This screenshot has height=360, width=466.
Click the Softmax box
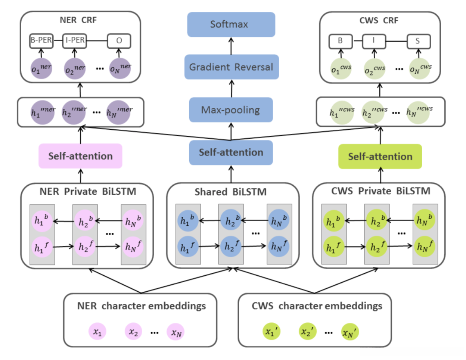(231, 24)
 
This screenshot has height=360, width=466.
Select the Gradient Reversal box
(231, 67)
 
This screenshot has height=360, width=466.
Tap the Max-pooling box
(231, 110)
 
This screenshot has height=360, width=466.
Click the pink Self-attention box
(81, 156)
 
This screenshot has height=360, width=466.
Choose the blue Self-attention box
(231, 153)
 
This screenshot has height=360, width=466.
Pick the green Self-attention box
(380, 156)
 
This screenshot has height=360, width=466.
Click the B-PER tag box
(41, 41)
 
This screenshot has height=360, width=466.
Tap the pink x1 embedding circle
(97, 332)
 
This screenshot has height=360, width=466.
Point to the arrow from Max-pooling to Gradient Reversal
(231, 88)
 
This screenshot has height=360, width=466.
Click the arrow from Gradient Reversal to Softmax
(231, 45)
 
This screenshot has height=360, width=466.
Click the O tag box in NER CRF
(119, 41)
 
